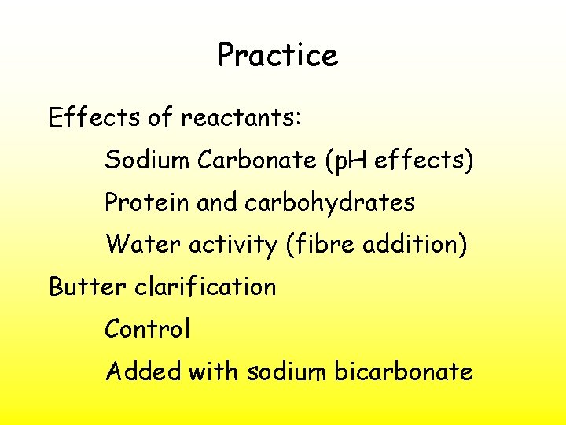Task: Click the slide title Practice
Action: click(x=277, y=56)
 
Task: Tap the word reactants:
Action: click(x=241, y=119)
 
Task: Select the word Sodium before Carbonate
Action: click(x=147, y=161)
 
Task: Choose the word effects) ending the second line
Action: click(x=424, y=161)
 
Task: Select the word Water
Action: click(x=143, y=245)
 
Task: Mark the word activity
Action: click(x=233, y=246)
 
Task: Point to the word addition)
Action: click(x=413, y=245)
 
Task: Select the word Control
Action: click(x=147, y=329)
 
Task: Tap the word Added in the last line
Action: click(x=143, y=371)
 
